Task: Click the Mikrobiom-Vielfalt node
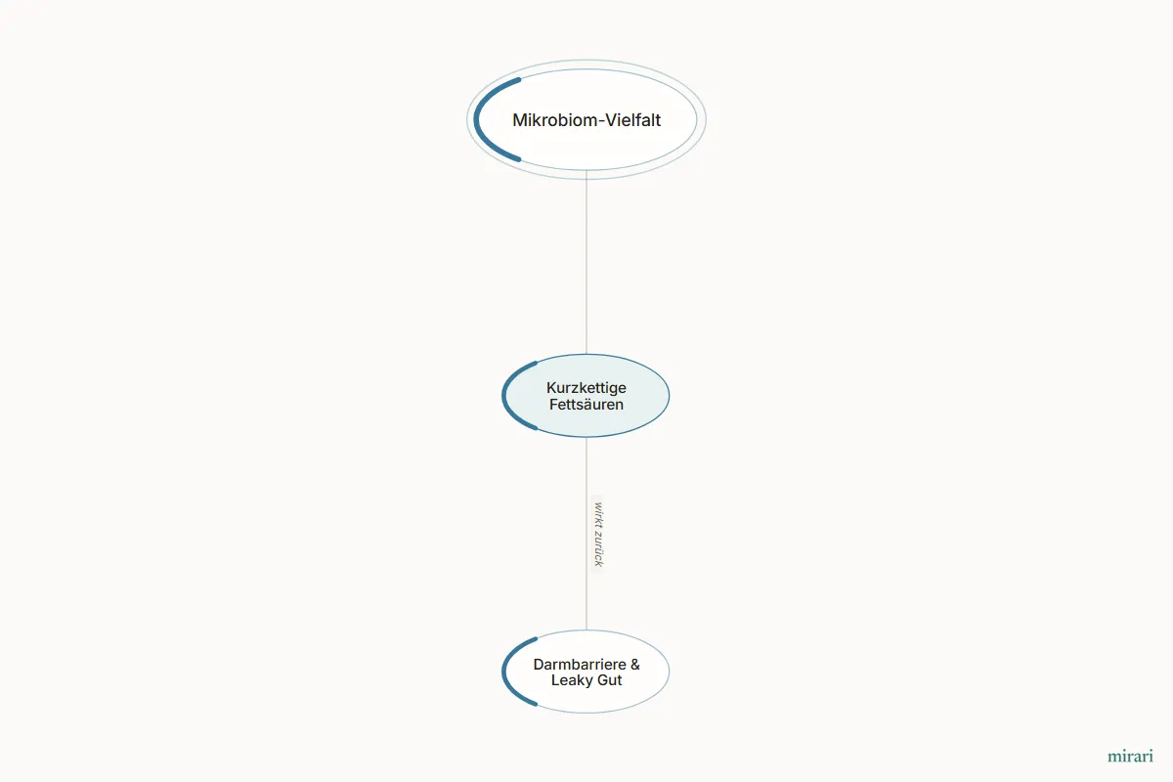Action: click(x=586, y=119)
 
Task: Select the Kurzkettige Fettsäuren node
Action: click(x=586, y=396)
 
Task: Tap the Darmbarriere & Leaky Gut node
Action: click(x=586, y=672)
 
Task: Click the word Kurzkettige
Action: click(x=586, y=388)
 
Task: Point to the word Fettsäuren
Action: click(x=586, y=405)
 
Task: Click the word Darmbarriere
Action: click(x=580, y=664)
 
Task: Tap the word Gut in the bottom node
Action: click(x=609, y=680)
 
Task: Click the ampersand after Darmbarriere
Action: click(x=635, y=664)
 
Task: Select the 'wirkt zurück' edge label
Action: click(x=598, y=535)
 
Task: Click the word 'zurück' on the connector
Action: click(x=598, y=547)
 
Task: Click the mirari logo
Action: click(x=1130, y=756)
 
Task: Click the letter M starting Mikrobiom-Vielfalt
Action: click(x=519, y=120)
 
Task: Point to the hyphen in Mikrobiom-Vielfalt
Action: click(x=601, y=121)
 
